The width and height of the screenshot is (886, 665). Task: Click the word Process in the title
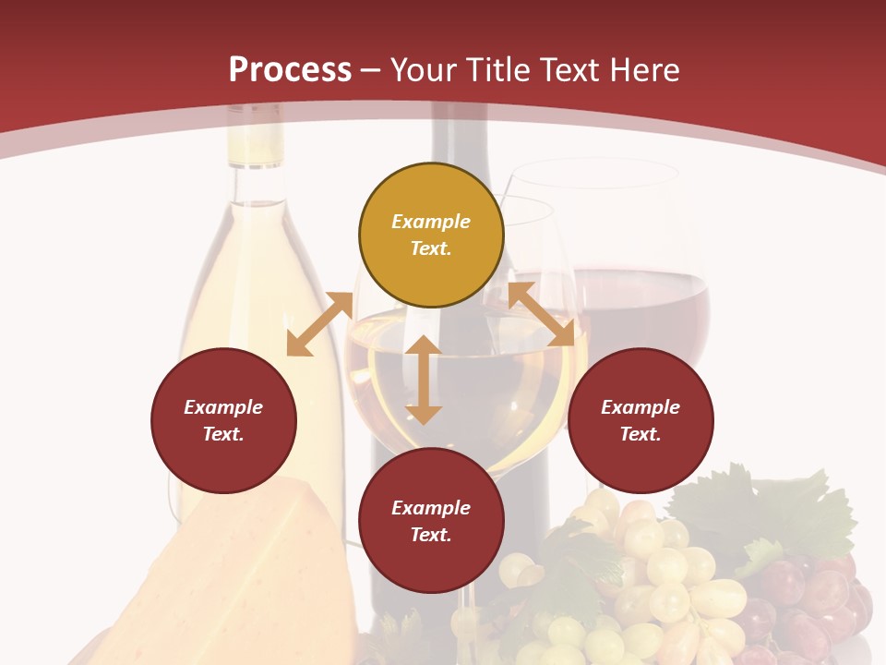click(290, 70)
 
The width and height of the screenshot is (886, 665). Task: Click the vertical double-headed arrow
click(424, 380)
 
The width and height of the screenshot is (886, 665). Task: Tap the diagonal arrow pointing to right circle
click(542, 314)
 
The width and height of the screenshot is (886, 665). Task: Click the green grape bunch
click(637, 573)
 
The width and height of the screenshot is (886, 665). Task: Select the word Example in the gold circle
click(431, 222)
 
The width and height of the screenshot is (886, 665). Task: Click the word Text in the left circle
click(223, 434)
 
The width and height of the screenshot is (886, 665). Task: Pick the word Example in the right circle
click(641, 407)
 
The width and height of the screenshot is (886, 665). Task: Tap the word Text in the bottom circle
click(431, 535)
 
